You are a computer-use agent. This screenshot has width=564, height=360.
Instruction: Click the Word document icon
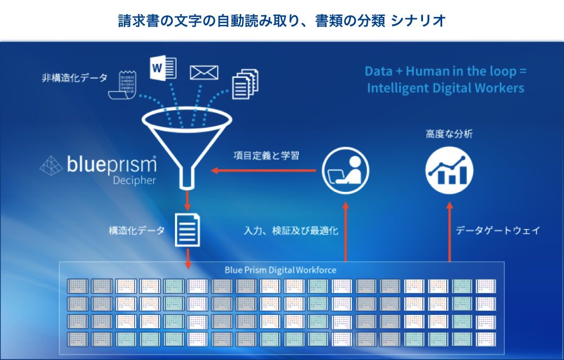pos(163,67)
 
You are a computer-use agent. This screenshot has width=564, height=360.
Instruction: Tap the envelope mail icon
pos(204,72)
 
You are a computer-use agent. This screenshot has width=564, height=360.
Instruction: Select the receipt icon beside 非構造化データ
pos(122,85)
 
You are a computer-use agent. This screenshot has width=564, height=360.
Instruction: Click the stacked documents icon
pos(245,84)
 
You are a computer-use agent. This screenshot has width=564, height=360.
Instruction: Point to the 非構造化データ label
pos(75,78)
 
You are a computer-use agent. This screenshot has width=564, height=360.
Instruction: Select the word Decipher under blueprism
pos(135,180)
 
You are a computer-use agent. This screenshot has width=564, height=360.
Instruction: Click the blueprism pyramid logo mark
pos(51,165)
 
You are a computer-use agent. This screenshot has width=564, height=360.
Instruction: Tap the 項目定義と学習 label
pos(267,156)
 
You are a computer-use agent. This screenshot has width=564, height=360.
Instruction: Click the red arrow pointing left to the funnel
pos(263,170)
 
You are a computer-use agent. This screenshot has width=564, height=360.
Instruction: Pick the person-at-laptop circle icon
pos(345,170)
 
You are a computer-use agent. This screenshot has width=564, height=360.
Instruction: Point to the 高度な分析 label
pos(450,134)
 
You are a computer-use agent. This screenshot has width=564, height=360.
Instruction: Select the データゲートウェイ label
pos(498,230)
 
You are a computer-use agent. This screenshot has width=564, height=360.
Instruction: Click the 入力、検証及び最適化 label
pos(291,230)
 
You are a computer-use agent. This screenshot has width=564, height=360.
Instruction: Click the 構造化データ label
pos(136,230)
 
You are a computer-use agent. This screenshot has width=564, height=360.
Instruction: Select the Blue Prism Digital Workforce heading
pos(280,270)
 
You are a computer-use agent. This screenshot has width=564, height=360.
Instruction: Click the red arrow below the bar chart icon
pos(450,232)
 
